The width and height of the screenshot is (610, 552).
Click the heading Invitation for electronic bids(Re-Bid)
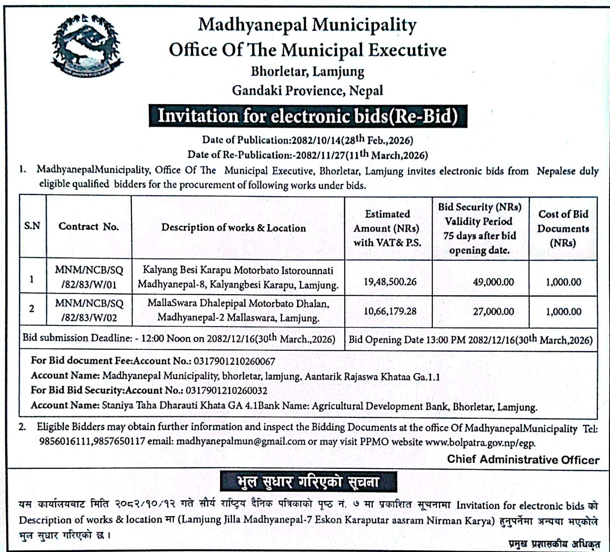(x=308, y=116)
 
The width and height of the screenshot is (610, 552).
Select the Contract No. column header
(x=89, y=227)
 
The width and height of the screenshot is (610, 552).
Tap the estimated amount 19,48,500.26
(x=390, y=282)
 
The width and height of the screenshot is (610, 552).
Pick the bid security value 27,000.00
(x=493, y=311)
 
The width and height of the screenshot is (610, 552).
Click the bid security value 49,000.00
(x=493, y=282)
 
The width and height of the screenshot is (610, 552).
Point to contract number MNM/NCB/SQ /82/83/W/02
(x=89, y=311)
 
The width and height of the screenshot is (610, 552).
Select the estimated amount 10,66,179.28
(x=390, y=311)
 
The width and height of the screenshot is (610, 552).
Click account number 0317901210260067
(x=234, y=360)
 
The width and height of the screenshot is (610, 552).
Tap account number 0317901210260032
(x=226, y=390)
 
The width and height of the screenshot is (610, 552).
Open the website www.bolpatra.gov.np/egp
(x=480, y=443)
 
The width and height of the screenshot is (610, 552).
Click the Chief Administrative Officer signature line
(x=523, y=459)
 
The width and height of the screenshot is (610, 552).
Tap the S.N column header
(x=32, y=226)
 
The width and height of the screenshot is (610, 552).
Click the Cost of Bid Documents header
(x=563, y=228)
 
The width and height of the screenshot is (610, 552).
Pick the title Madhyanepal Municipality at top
(x=307, y=25)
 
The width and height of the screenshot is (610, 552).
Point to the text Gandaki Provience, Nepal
(x=307, y=90)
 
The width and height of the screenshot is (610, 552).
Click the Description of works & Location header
(x=233, y=228)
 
